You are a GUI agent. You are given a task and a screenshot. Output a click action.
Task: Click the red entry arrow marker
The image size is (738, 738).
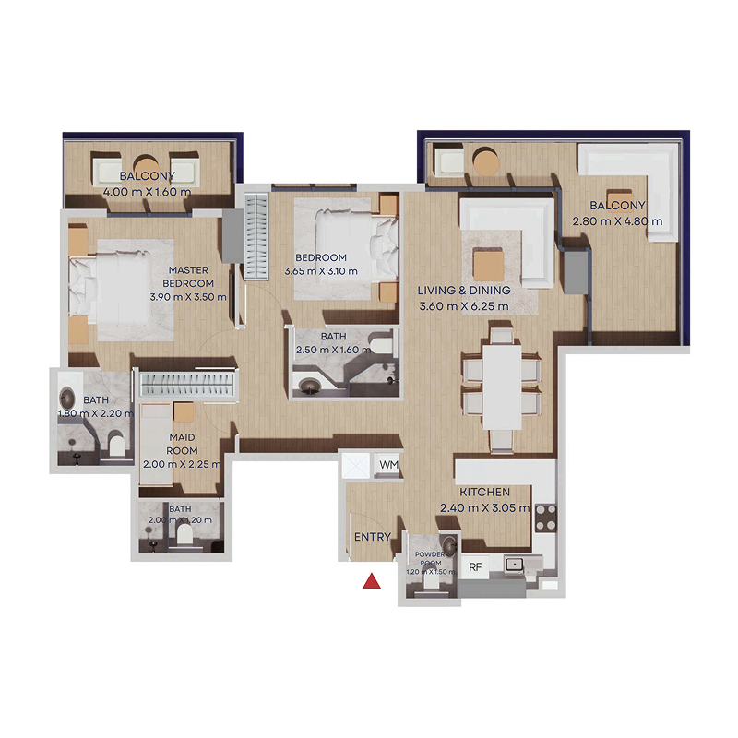372,581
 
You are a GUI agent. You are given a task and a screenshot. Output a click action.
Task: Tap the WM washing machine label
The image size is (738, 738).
389,465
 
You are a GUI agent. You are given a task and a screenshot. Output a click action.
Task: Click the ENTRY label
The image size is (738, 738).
373,537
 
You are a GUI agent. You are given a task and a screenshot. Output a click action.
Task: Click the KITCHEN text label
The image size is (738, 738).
484,493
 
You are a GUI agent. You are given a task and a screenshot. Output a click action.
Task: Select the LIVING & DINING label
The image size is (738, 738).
464,291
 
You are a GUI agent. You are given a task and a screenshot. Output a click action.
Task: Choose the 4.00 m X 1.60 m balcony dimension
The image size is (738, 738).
149,191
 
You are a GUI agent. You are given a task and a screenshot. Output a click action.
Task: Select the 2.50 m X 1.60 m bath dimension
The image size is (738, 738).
333,351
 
